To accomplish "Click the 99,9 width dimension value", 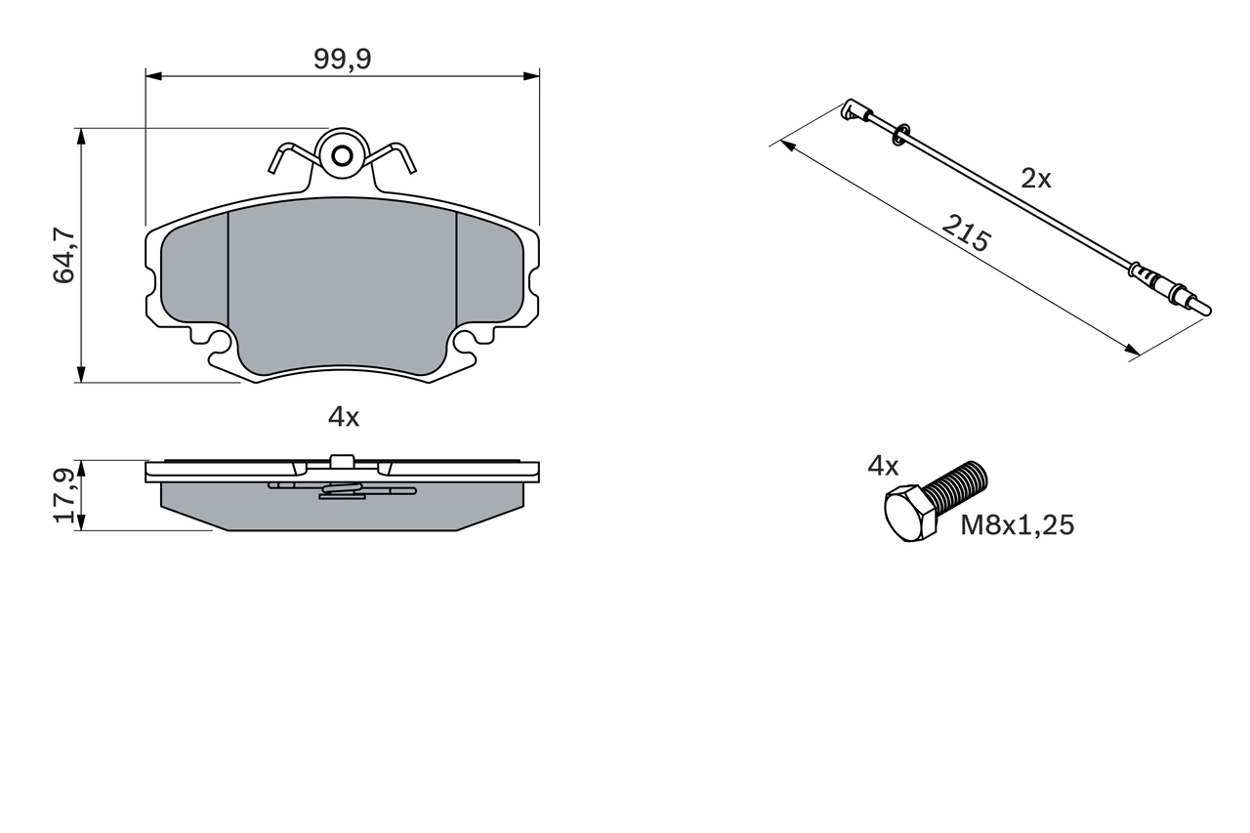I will click(342, 60).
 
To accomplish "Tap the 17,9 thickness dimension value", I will click(64, 495).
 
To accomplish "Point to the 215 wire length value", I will click(966, 233).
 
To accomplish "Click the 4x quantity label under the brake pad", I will click(343, 418).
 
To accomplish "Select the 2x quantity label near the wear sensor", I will click(1035, 179).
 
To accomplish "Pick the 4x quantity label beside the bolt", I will click(883, 466).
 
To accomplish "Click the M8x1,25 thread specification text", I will click(1017, 525).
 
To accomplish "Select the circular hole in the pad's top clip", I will click(342, 155).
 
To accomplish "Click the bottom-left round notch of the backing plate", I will click(220, 341).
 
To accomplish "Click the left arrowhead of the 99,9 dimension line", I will click(152, 75).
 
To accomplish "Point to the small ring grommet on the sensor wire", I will click(900, 132).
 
